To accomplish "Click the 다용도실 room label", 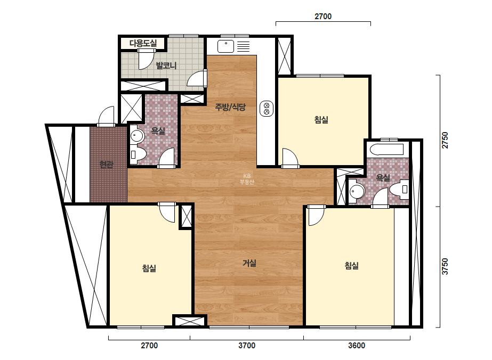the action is pos(143,43).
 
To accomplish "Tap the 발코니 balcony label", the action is pos(166,66).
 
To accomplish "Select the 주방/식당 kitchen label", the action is pos(230,107).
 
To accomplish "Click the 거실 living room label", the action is pos(249,263).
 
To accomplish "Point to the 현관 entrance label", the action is pos(106,165).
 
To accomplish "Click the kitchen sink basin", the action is pos(225,47).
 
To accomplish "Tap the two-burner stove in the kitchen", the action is pos(267,109).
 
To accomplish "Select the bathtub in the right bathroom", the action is pos(386,150).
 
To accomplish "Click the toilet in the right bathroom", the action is pos(400,189).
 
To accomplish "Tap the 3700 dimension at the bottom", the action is pos(247,346).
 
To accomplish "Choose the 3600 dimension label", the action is pos(357,346).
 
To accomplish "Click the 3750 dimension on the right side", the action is pos(445,266).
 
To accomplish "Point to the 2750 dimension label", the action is pos(445,140).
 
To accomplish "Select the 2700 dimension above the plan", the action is pos(323,17).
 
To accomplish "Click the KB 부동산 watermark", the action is pos(247,179).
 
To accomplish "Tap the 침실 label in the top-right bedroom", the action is pos(321,119).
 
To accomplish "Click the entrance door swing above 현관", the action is pos(106,116).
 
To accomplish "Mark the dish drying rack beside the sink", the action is pos(243,46).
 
